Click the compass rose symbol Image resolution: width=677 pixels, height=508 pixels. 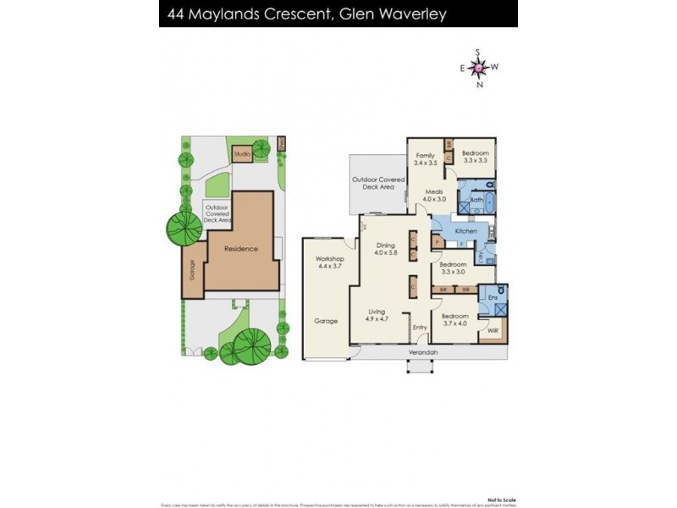479,67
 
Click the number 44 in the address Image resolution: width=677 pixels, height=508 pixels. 178,14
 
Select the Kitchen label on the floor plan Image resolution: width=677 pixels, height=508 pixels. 466,231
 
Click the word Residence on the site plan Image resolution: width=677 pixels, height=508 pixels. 240,249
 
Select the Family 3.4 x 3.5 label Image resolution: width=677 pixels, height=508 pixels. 424,159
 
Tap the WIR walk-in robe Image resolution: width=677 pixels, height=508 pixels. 493,330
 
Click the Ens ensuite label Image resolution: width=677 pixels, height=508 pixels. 491,297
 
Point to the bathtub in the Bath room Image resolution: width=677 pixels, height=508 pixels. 466,204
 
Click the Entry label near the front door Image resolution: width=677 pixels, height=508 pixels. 420,328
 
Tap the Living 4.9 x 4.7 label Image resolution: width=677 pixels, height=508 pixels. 377,315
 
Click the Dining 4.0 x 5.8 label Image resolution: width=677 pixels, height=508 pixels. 385,249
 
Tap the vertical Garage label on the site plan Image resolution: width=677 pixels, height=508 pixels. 192,270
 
